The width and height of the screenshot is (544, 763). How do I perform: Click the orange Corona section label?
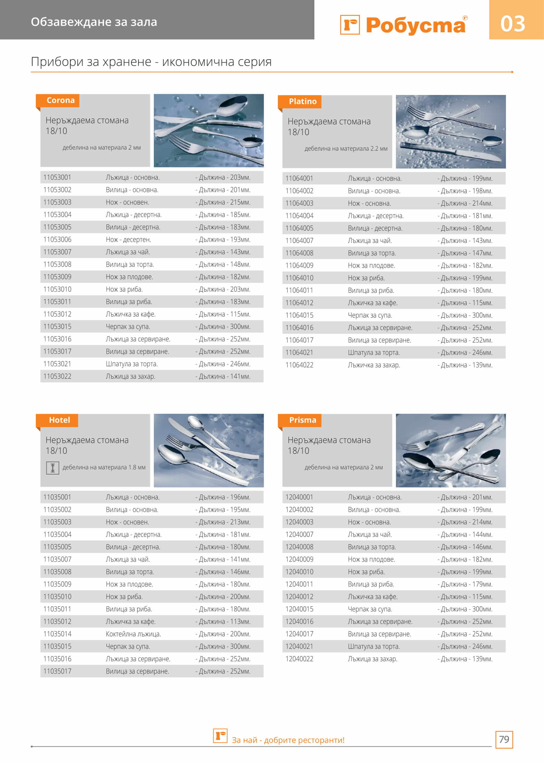tap(60, 100)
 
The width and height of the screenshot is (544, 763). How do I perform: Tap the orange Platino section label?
tap(303, 101)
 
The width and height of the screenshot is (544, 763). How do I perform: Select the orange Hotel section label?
tap(59, 420)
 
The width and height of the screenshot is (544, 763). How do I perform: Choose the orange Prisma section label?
tap(303, 420)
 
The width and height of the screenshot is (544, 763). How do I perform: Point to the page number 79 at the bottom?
tap(504, 739)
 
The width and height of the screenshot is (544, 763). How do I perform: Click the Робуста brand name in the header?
tap(415, 26)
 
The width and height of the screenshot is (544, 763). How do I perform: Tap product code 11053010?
tap(57, 289)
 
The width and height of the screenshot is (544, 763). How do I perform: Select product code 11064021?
tap(299, 353)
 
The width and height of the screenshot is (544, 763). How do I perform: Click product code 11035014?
tap(57, 634)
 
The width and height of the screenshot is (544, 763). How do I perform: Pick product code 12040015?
tap(299, 609)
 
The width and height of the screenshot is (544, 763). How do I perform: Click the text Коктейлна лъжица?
tap(133, 634)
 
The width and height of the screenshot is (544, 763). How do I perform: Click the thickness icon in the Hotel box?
tap(52, 468)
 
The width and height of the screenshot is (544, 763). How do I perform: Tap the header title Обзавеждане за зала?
tap(94, 22)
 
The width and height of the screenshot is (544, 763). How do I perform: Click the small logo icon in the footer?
tap(220, 736)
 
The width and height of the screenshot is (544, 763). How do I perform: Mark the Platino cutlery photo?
tap(451, 132)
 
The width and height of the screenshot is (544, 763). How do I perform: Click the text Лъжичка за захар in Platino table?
tap(374, 365)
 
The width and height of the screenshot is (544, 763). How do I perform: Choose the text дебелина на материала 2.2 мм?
tap(346, 149)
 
